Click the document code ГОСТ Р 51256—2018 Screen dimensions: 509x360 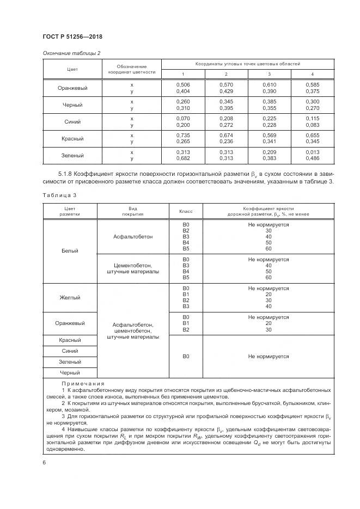click(72, 36)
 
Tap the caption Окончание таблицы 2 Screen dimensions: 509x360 click(71, 53)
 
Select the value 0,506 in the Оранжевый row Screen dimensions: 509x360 click(183, 85)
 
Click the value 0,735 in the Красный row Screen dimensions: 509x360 click(183, 135)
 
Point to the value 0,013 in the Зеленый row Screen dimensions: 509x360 click(312, 152)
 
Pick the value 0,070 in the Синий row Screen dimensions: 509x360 click(183, 118)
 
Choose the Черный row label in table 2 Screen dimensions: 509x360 click(72, 105)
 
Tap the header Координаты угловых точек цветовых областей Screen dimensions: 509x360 click(248, 64)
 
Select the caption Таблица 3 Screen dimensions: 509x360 click(56, 194)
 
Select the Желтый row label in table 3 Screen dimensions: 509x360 click(70, 298)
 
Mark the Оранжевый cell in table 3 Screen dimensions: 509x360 click(70, 323)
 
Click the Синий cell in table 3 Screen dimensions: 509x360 click(70, 351)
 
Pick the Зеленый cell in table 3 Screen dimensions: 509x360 click(70, 362)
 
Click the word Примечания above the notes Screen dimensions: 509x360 click(83, 384)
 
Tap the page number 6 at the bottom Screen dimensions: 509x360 click(44, 462)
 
